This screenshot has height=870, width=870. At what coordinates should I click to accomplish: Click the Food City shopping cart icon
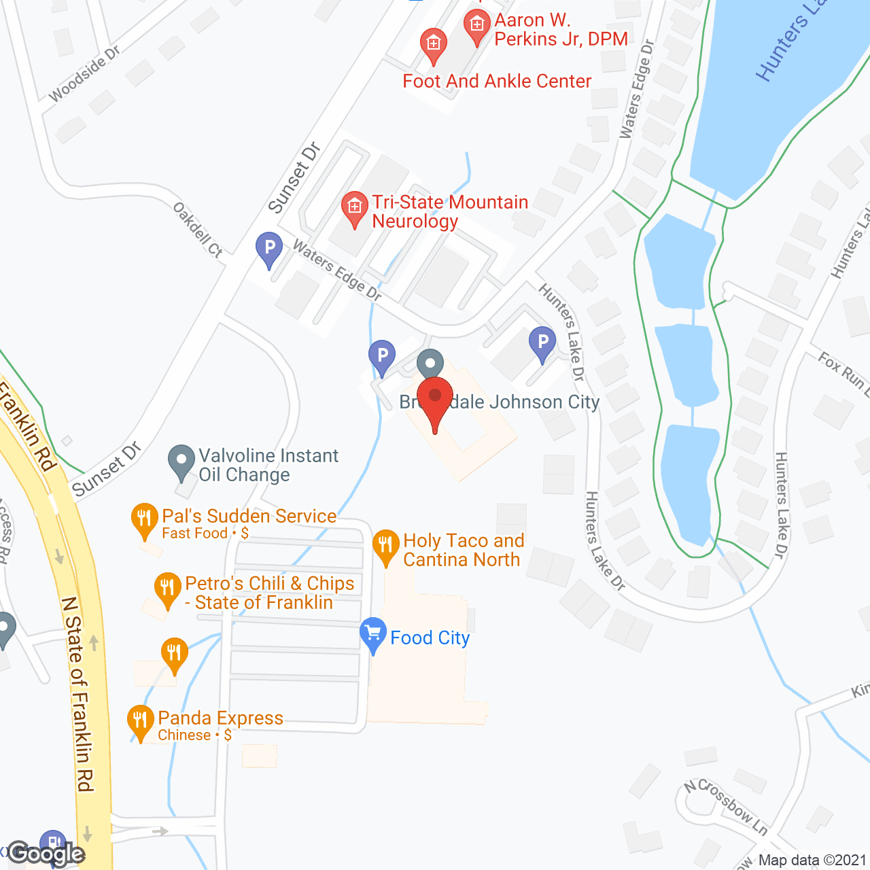(x=372, y=634)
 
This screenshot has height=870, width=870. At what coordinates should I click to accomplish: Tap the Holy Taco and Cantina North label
(x=464, y=550)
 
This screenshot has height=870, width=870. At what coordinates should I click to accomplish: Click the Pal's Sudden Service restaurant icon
(x=143, y=520)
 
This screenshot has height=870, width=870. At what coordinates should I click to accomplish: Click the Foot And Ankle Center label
(x=497, y=82)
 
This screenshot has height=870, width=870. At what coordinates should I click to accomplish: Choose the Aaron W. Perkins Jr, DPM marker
(x=477, y=27)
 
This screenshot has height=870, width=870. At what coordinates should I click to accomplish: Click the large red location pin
(x=435, y=401)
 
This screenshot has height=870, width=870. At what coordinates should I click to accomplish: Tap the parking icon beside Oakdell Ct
(x=269, y=249)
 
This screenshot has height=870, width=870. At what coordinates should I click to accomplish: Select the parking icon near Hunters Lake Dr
(x=542, y=343)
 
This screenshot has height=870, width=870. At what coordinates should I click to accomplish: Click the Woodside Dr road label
(x=84, y=74)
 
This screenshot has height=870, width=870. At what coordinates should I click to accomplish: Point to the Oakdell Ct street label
(x=198, y=230)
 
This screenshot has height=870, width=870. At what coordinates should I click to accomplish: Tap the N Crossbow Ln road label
(x=726, y=806)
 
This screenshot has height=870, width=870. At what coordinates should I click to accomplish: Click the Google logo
(x=46, y=854)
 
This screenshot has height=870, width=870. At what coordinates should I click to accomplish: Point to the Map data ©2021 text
(x=812, y=860)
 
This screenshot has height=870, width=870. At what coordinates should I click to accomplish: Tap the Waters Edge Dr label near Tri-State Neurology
(x=336, y=270)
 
